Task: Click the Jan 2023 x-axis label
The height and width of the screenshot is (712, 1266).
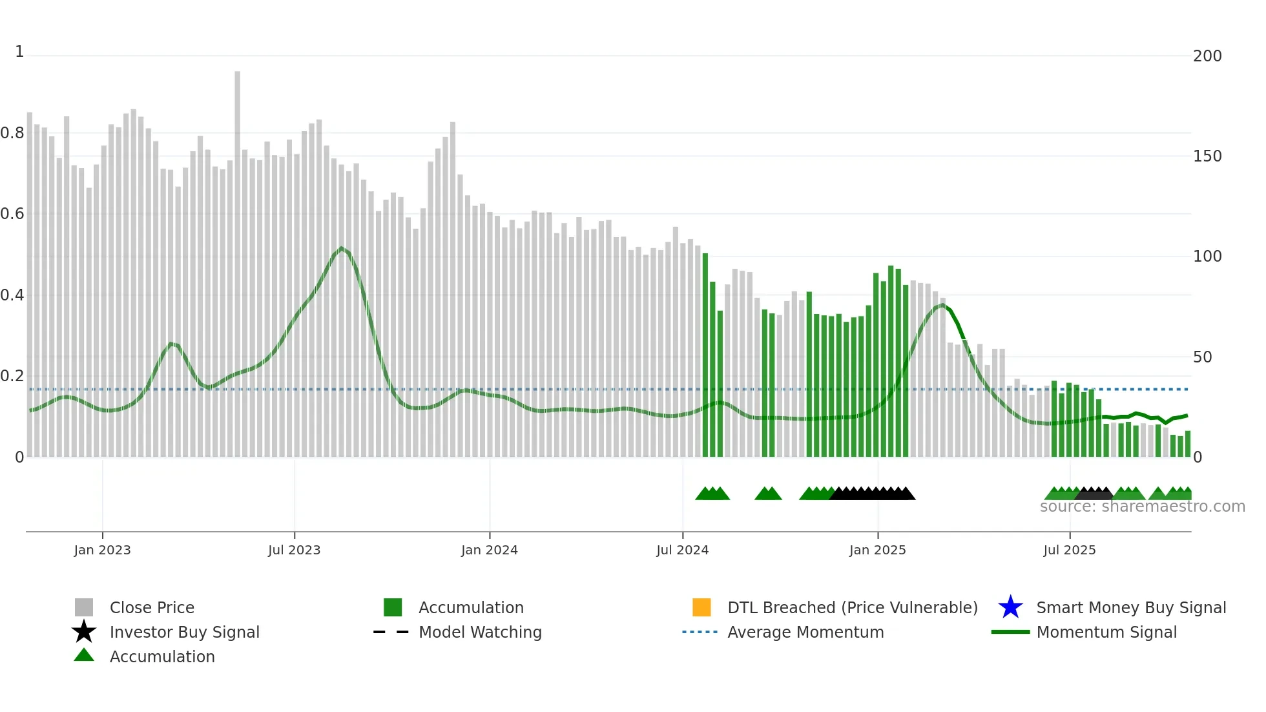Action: [102, 550]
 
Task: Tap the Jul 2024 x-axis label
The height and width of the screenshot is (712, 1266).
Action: [682, 550]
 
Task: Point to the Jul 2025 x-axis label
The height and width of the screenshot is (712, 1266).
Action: [1069, 550]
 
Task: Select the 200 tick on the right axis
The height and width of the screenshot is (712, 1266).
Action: [1207, 56]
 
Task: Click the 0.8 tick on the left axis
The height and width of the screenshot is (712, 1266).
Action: [12, 133]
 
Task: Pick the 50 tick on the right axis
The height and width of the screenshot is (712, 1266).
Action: [1202, 357]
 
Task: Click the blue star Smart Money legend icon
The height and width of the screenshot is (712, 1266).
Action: [1010, 607]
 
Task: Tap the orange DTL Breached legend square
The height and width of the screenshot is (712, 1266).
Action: [701, 607]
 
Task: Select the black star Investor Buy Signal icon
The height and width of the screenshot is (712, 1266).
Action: [84, 632]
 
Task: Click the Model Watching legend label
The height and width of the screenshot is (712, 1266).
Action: [480, 632]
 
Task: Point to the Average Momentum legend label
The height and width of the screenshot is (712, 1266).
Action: [805, 632]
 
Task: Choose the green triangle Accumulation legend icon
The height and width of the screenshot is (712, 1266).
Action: [84, 655]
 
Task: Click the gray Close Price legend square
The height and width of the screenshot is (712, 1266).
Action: [84, 607]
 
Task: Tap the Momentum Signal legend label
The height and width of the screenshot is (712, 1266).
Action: [1106, 632]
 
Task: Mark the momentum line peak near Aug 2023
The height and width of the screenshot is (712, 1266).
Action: [342, 248]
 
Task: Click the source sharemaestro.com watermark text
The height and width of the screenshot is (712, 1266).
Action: [1142, 507]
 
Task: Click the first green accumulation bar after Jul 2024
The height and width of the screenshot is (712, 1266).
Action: [705, 355]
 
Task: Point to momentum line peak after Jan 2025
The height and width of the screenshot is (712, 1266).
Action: [942, 304]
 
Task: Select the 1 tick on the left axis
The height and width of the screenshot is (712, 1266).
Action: [19, 52]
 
